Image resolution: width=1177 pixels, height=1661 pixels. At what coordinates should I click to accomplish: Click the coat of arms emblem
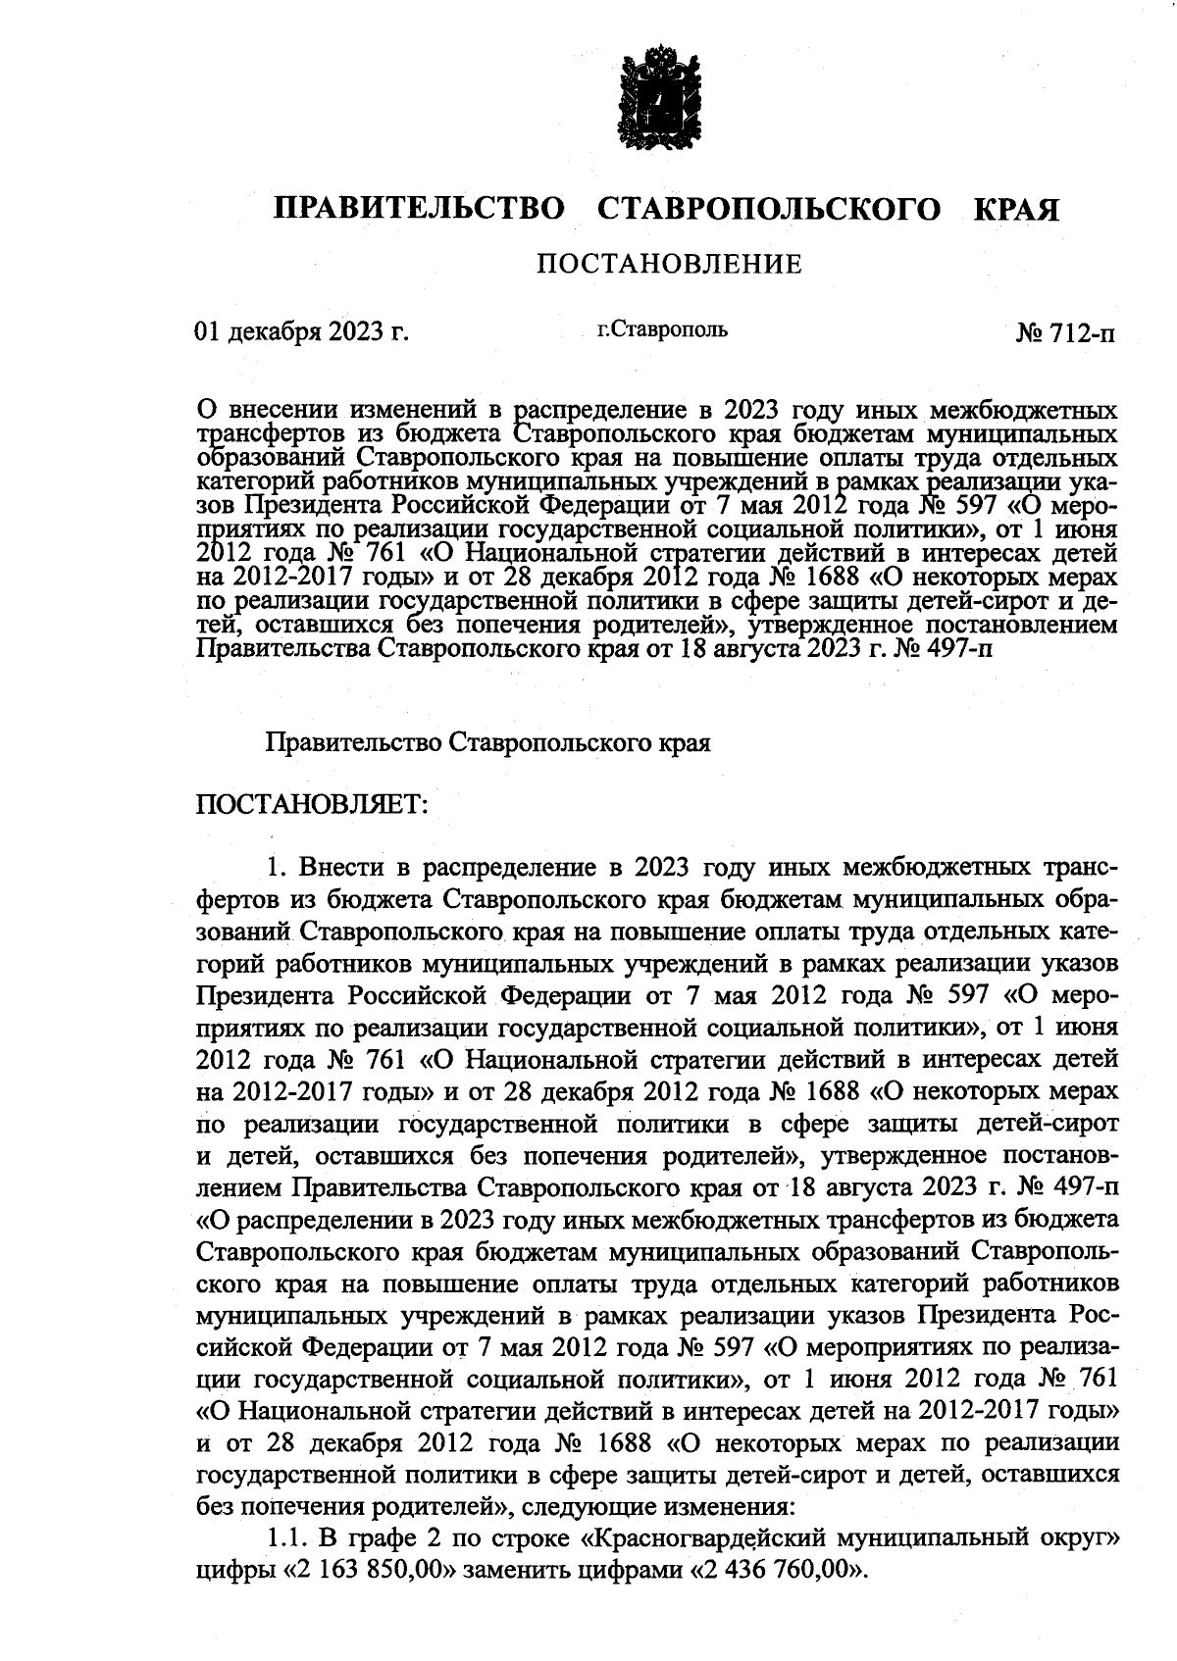tap(658, 109)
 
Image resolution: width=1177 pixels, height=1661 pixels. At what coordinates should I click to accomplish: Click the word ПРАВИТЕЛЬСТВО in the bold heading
tap(419, 209)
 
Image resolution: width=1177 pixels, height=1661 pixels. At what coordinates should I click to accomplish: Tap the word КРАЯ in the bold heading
tap(1016, 209)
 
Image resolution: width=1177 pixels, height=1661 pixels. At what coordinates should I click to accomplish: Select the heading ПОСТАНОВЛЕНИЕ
tap(668, 264)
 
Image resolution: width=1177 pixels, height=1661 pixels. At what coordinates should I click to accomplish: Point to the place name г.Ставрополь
tap(663, 330)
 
